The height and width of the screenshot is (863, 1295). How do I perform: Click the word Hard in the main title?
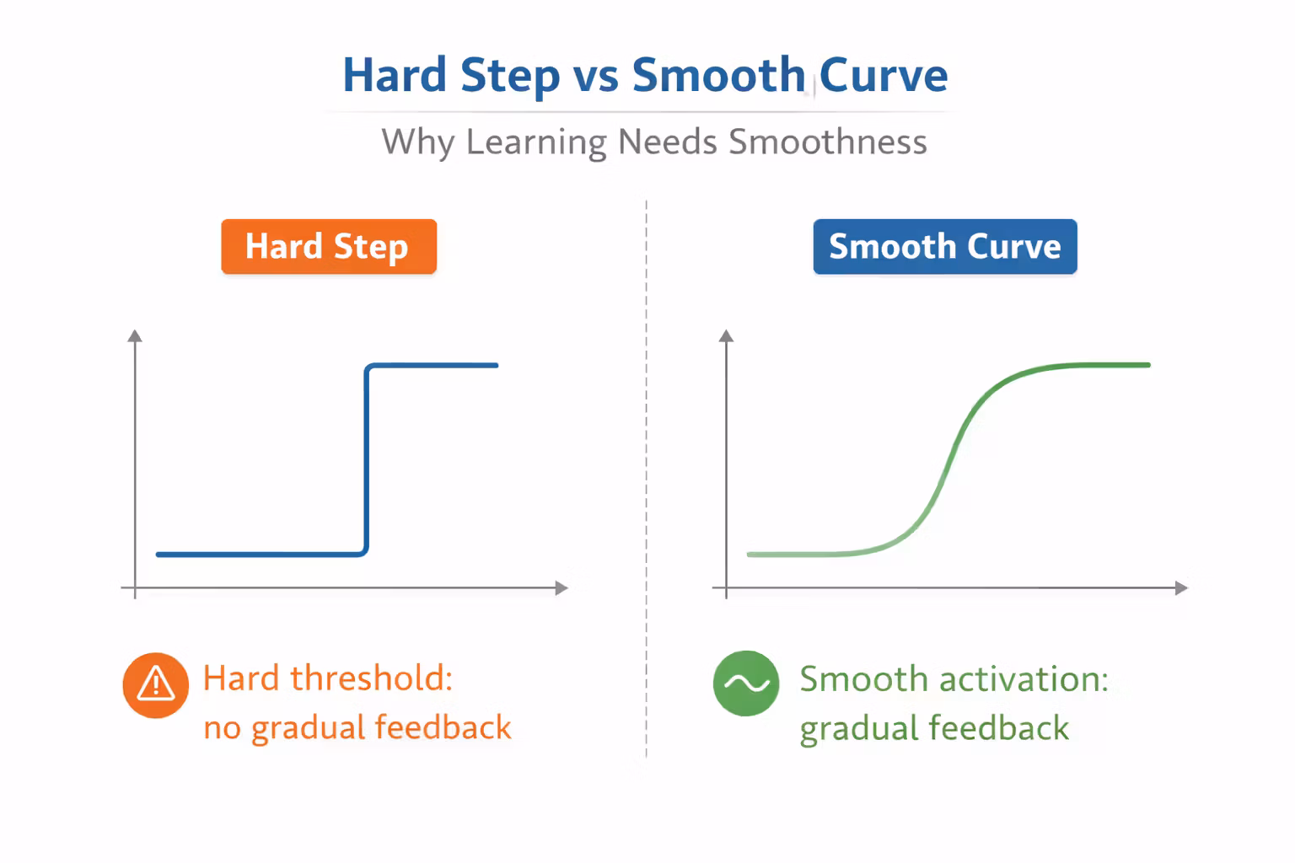pyautogui.click(x=394, y=76)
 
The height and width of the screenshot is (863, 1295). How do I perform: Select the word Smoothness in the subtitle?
pyautogui.click(x=827, y=142)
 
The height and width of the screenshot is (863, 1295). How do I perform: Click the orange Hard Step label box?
pyautogui.click(x=329, y=247)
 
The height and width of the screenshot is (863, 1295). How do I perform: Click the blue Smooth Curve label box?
pyautogui.click(x=944, y=247)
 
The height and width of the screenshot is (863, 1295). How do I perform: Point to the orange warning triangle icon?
pyautogui.click(x=156, y=685)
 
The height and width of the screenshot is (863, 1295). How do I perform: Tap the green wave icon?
pyautogui.click(x=746, y=683)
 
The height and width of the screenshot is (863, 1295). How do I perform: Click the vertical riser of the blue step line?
pyautogui.click(x=367, y=459)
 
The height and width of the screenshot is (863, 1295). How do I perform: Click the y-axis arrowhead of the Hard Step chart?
pyautogui.click(x=135, y=336)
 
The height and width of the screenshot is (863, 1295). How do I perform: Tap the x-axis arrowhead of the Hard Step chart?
pyautogui.click(x=562, y=588)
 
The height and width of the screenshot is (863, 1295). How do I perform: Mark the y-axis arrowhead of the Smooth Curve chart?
pyautogui.click(x=727, y=336)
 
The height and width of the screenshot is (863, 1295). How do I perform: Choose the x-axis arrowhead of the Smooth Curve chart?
pyautogui.click(x=1181, y=588)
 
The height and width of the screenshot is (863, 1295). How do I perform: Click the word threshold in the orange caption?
pyautogui.click(x=371, y=678)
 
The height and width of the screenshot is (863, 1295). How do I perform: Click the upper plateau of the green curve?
pyautogui.click(x=1096, y=365)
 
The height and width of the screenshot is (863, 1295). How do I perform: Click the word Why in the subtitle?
pyautogui.click(x=417, y=142)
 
